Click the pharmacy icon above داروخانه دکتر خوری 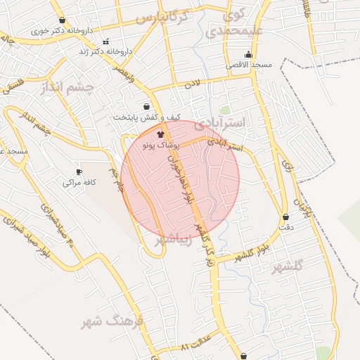pyautogui.click(x=63, y=20)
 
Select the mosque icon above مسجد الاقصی pyautogui.click(x=247, y=55)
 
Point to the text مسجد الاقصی pyautogui.click(x=248, y=65)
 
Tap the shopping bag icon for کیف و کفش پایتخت pyautogui.click(x=146, y=107)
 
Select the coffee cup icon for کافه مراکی pyautogui.click(x=79, y=172)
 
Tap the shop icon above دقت pyautogui.click(x=285, y=217)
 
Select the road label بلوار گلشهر pyautogui.click(x=253, y=253)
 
